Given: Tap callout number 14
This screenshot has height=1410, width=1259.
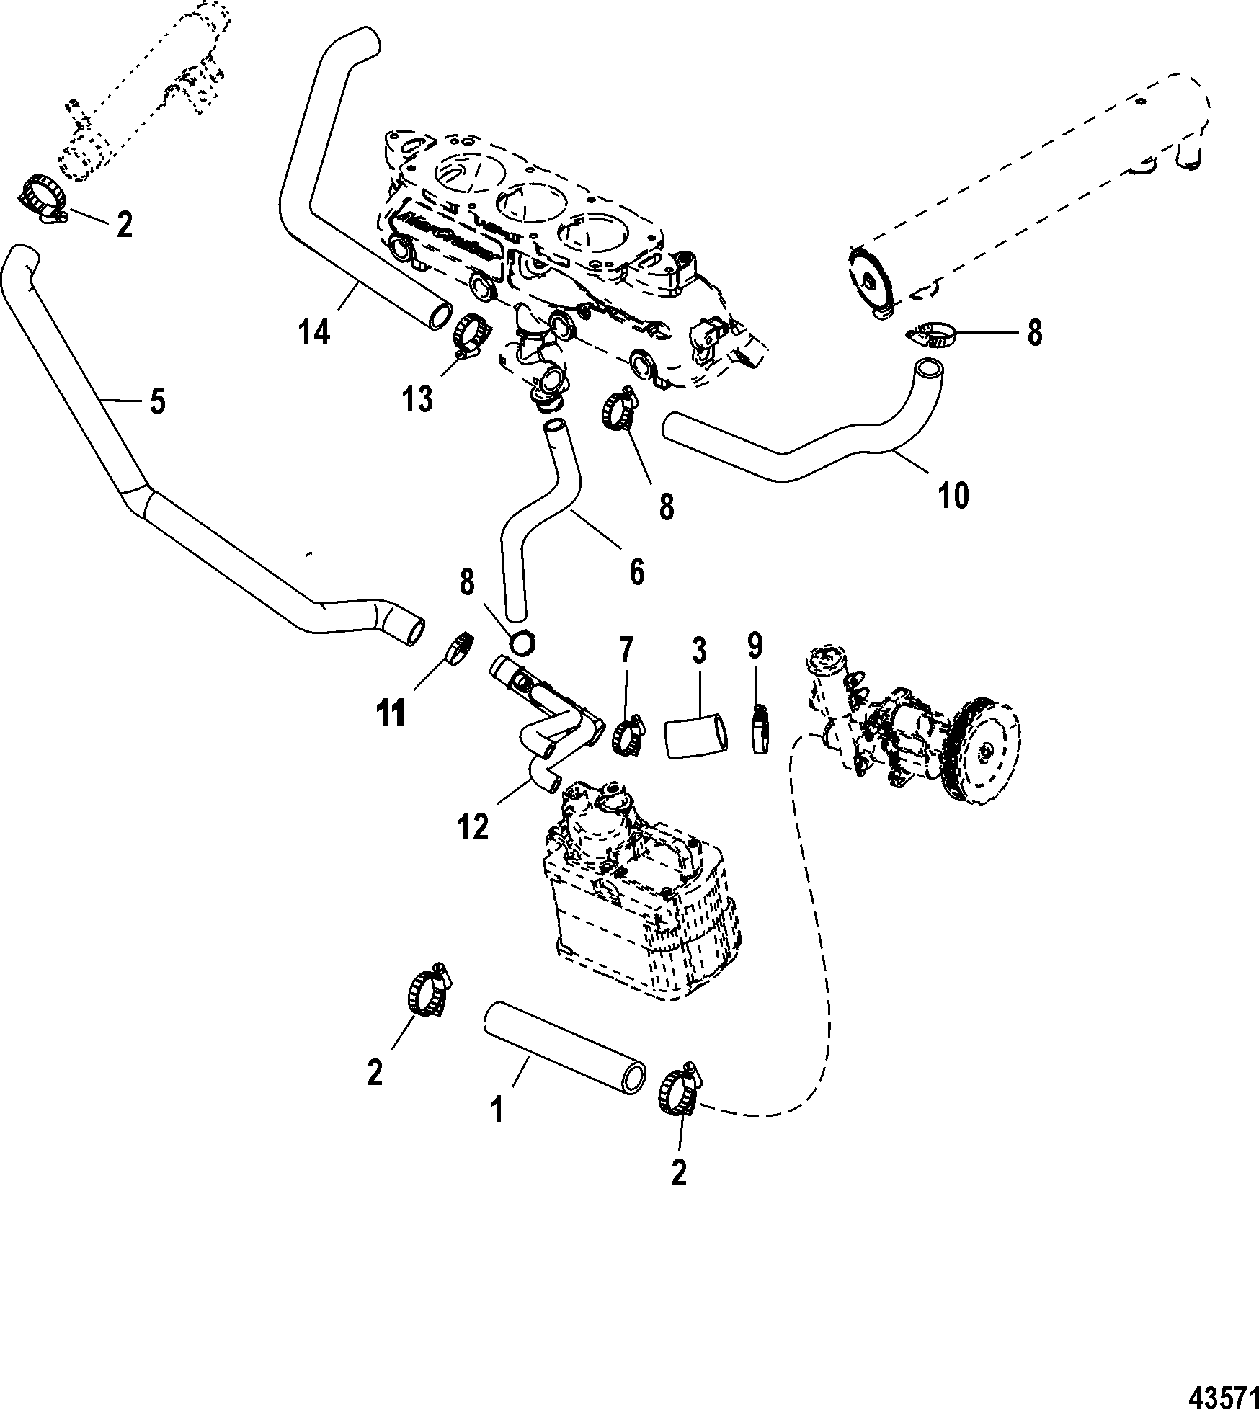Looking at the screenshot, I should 314,334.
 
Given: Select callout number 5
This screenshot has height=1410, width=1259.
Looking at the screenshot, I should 157,401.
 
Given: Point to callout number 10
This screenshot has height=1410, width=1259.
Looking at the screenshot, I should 953,496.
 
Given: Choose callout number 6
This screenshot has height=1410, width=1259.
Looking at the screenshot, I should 637,571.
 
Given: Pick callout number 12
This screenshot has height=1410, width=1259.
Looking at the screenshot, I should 473,828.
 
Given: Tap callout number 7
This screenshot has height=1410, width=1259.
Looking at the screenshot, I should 624,651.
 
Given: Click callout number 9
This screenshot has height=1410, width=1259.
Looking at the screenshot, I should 754,646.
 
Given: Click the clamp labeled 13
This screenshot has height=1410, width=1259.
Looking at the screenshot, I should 472,334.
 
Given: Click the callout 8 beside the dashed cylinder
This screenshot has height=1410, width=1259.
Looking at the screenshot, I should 1034,334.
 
